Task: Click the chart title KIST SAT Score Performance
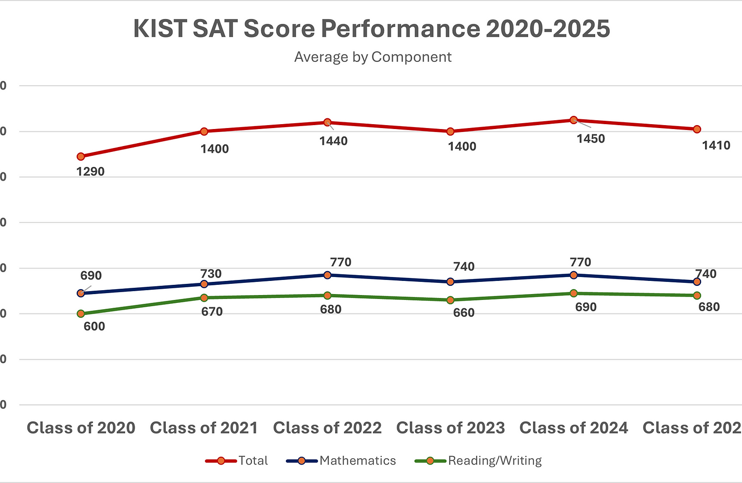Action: point(371,29)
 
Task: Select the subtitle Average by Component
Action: point(373,57)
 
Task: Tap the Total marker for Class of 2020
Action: point(81,156)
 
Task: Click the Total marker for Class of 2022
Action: point(327,122)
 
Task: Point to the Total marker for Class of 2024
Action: point(574,120)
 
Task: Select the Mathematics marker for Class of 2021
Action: point(204,284)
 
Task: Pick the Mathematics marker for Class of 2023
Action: point(450,281)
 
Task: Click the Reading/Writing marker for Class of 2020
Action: point(81,314)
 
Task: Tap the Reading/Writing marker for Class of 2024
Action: point(574,293)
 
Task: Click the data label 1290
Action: point(90,171)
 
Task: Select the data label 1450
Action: point(591,139)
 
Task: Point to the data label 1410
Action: point(716,145)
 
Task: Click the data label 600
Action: point(94,326)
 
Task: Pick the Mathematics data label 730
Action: point(211,274)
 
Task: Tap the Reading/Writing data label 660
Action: point(464,313)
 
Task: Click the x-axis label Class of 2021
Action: point(204,427)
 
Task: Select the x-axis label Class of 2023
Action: point(450,427)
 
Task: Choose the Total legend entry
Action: point(237,461)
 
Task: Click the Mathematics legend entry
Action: point(341,461)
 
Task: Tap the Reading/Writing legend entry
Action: point(478,461)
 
